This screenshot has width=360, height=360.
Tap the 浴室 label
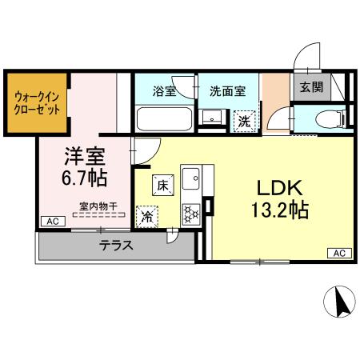pyautogui.click(x=163, y=91)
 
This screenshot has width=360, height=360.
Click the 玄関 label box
pyautogui.click(x=310, y=86)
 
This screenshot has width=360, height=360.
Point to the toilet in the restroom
pyautogui.click(x=326, y=120)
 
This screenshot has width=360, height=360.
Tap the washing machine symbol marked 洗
pyautogui.click(x=244, y=121)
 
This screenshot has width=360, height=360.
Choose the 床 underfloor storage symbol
pyautogui.click(x=162, y=185)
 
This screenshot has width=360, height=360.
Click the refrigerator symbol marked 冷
pyautogui.click(x=148, y=215)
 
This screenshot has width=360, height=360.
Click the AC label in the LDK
pyautogui.click(x=338, y=253)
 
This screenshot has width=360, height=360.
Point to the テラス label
pyautogui.click(x=116, y=246)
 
